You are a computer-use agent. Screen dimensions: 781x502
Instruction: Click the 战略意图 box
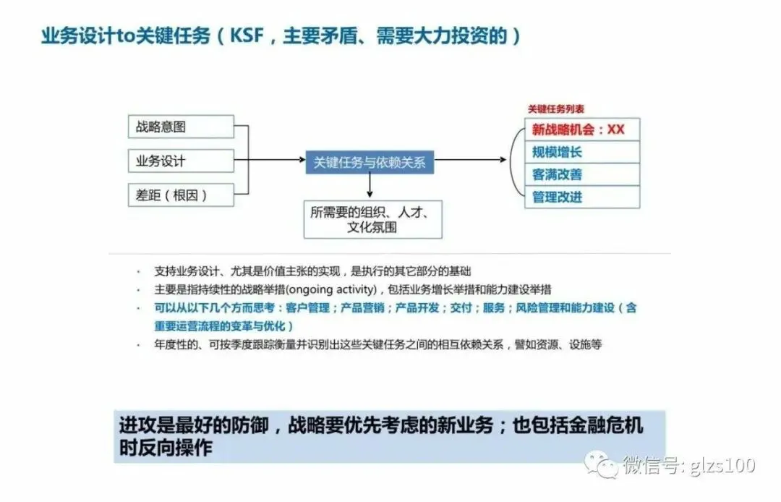(x=181, y=127)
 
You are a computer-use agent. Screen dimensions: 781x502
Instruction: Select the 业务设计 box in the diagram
(x=181, y=161)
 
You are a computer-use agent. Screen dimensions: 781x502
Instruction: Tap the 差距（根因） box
(x=181, y=195)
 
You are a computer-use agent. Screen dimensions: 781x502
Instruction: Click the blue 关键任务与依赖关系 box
(x=370, y=162)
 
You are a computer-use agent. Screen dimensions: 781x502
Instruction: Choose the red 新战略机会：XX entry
(x=582, y=130)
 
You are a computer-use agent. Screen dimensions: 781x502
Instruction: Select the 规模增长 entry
(x=582, y=152)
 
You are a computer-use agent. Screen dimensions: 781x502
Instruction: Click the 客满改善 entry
(x=582, y=174)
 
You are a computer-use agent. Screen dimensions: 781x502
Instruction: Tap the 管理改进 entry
(x=582, y=197)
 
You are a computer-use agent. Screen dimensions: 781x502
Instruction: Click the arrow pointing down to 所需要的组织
(x=370, y=190)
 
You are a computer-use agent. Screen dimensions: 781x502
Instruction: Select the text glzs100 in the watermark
(x=724, y=464)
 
